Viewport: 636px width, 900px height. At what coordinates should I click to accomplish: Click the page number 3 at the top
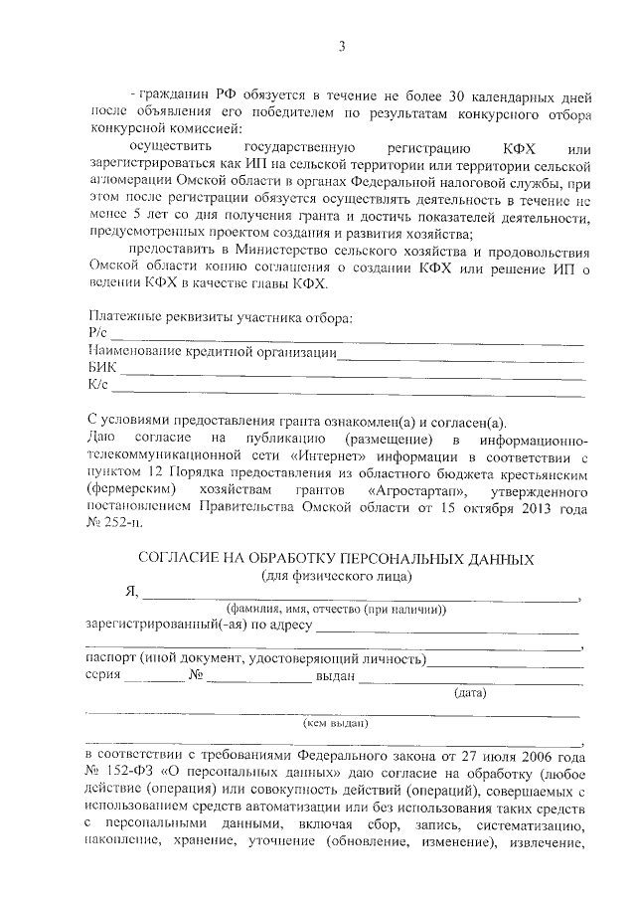341,46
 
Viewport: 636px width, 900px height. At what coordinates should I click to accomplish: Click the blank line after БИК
353,373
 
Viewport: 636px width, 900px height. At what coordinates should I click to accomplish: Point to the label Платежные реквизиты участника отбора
220,318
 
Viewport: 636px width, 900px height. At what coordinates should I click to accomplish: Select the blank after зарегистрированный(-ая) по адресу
447,630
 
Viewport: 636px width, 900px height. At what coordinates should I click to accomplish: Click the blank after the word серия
154,679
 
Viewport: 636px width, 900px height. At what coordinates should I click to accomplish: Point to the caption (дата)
468,693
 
